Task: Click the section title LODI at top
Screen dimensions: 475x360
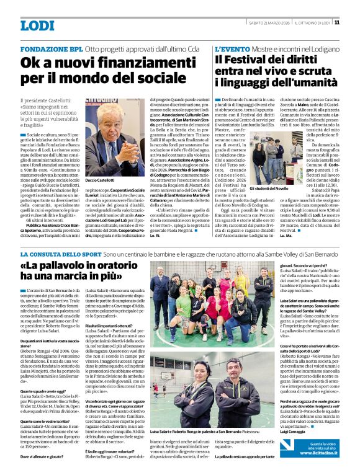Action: click(x=37, y=25)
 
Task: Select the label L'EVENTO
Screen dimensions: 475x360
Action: click(x=233, y=48)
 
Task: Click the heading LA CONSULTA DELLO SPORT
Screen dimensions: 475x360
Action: click(x=60, y=255)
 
